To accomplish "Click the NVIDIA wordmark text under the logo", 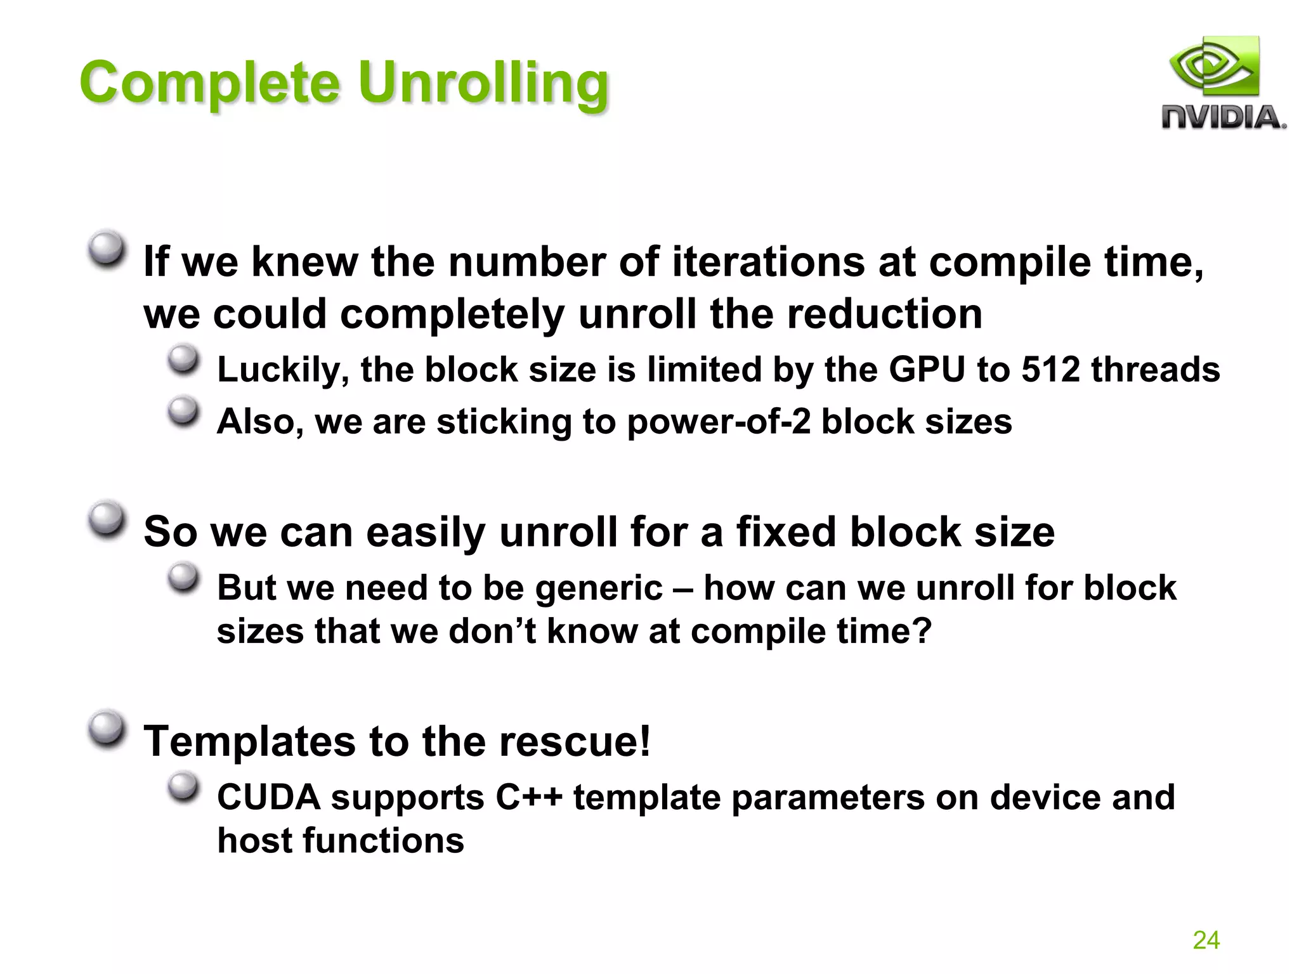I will [x=1223, y=118].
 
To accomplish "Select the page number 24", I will [x=1206, y=940].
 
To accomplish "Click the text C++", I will [x=529, y=798].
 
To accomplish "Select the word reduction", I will [x=884, y=315].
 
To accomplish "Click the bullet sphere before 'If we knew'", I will [x=106, y=249].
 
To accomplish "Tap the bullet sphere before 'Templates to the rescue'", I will [x=106, y=729].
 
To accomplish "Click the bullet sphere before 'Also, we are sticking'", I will [x=183, y=411].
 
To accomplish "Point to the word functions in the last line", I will [x=383, y=841].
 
